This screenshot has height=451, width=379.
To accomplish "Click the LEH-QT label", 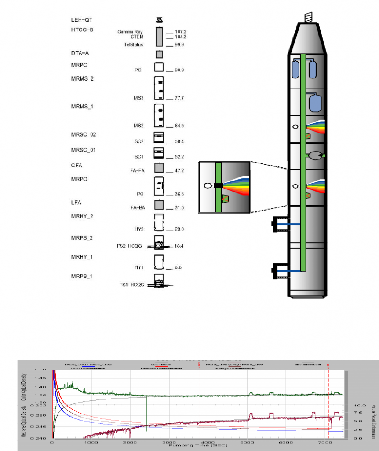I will click(x=82, y=20).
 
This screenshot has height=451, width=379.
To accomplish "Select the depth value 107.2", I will click(x=181, y=32).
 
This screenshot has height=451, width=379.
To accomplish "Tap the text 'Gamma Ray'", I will click(x=130, y=32).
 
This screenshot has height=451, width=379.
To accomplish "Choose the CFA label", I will click(x=77, y=166).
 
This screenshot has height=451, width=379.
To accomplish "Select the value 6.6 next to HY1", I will click(x=178, y=267).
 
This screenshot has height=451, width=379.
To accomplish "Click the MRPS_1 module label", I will click(x=82, y=276).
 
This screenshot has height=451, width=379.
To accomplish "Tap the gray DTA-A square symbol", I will click(x=159, y=54).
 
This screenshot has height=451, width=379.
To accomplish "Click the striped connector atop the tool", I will click(x=308, y=17).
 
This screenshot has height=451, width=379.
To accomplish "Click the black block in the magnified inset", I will click(x=219, y=185).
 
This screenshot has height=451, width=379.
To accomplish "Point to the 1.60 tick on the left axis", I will click(x=40, y=370).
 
